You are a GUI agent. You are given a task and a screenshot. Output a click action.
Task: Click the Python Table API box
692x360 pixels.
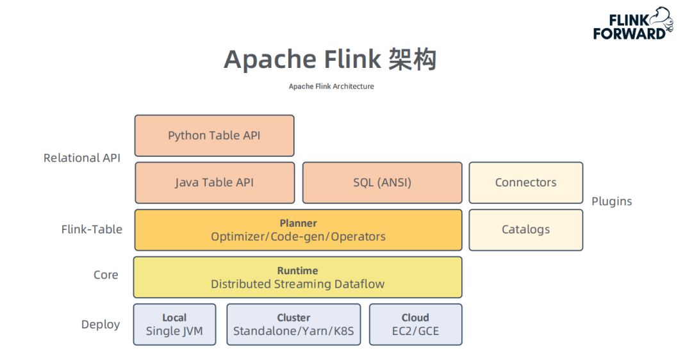pyautogui.click(x=214, y=135)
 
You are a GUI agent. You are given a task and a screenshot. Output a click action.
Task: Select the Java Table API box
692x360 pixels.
pyautogui.click(x=214, y=183)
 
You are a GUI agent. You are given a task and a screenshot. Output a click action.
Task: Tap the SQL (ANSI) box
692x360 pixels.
pyautogui.click(x=382, y=183)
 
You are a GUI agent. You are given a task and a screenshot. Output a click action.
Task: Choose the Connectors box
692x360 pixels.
pyautogui.click(x=525, y=183)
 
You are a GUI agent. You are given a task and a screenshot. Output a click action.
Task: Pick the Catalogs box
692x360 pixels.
pyautogui.click(x=525, y=229)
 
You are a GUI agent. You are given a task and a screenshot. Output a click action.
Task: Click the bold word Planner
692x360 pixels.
pyautogui.click(x=298, y=223)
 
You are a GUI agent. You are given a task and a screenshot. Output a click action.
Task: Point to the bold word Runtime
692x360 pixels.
pyautogui.click(x=297, y=270)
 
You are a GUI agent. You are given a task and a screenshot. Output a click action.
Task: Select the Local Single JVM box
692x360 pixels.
pyautogui.click(x=174, y=324)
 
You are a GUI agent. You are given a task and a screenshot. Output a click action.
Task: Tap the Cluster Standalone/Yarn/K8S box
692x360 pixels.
pyautogui.click(x=293, y=324)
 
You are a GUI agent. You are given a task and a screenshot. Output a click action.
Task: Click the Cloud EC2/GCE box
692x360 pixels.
pyautogui.click(x=415, y=324)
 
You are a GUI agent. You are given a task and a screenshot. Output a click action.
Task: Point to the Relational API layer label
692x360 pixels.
pyautogui.click(x=81, y=158)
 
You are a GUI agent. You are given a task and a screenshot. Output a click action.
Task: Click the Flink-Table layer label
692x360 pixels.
pyautogui.click(x=92, y=229)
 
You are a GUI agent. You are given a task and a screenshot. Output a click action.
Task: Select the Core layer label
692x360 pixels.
pyautogui.click(x=106, y=275)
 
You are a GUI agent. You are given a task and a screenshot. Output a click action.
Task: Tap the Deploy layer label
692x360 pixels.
pyautogui.click(x=101, y=324)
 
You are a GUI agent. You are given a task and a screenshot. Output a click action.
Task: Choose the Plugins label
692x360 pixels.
pyautogui.click(x=611, y=201)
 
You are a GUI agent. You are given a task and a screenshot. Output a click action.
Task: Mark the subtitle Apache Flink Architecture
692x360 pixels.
pyautogui.click(x=331, y=86)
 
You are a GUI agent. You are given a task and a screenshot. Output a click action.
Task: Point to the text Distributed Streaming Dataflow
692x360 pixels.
pyautogui.click(x=297, y=284)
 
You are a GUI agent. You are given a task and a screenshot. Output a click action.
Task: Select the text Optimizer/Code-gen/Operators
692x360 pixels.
pyautogui.click(x=298, y=236)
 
